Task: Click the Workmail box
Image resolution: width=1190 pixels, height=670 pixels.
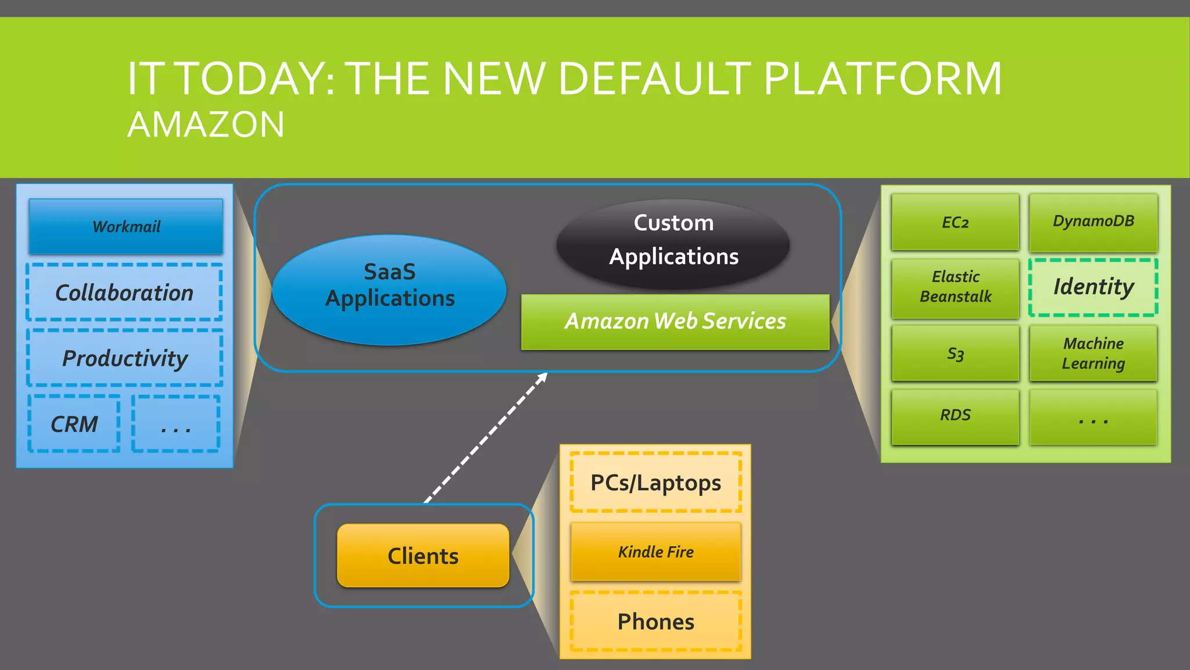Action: coord(126,226)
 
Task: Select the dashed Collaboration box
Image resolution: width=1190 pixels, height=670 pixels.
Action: coord(124,292)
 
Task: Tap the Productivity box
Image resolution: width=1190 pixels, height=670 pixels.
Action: coord(124,358)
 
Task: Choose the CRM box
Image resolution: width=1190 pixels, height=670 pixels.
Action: coord(74,424)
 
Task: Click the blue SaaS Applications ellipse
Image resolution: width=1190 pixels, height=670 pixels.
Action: coord(389,289)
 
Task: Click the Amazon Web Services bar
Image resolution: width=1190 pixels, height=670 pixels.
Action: coord(675,322)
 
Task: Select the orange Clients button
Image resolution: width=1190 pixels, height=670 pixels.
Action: coord(423,555)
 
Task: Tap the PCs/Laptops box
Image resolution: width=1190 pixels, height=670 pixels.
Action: coord(655,483)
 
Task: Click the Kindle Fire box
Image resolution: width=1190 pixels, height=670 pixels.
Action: coord(655,551)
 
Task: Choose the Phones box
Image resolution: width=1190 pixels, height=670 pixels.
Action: coord(655,621)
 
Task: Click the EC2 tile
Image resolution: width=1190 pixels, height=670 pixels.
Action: coord(955,222)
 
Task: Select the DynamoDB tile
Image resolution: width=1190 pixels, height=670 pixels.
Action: coord(1093,222)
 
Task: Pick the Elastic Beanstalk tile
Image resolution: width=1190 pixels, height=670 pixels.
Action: coord(955,287)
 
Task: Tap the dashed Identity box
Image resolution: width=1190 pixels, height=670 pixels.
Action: coord(1093,287)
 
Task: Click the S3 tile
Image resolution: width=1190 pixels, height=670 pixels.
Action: coord(955,353)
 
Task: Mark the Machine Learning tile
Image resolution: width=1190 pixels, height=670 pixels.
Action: coord(1093,353)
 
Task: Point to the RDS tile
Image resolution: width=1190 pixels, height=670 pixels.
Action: coord(955,416)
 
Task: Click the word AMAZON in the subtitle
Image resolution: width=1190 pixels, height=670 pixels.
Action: coord(206,124)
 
